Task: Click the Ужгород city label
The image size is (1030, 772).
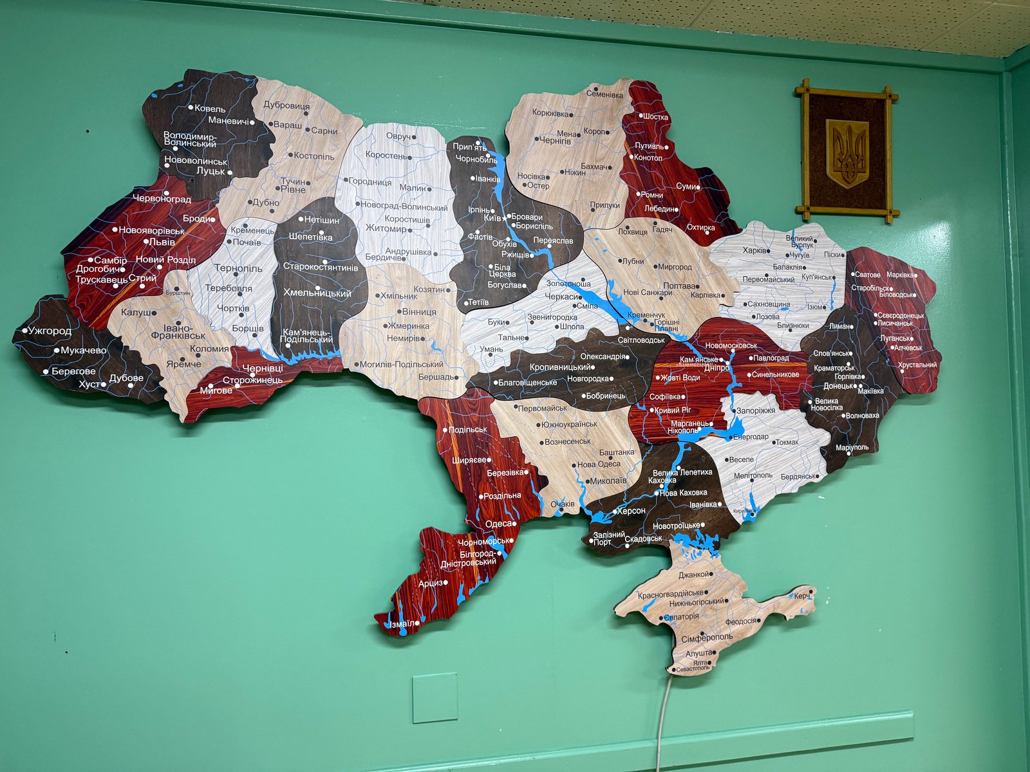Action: tap(50, 331)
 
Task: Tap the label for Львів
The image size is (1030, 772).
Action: tap(162, 242)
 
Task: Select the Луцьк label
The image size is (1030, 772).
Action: tap(211, 171)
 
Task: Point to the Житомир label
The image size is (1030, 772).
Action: tap(386, 228)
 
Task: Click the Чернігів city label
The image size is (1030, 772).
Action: tap(554, 140)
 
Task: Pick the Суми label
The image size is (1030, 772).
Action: tap(686, 187)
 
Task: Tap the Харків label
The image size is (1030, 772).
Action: tap(754, 250)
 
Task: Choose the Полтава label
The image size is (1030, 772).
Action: tap(679, 286)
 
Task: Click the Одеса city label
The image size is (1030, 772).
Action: tap(498, 524)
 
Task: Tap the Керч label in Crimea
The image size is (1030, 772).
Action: tap(801, 596)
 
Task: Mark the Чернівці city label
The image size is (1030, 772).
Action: tap(262, 368)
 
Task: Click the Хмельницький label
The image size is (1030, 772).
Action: tap(317, 293)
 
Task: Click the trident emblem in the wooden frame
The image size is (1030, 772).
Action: tap(847, 152)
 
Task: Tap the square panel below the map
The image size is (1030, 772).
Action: tap(435, 697)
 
